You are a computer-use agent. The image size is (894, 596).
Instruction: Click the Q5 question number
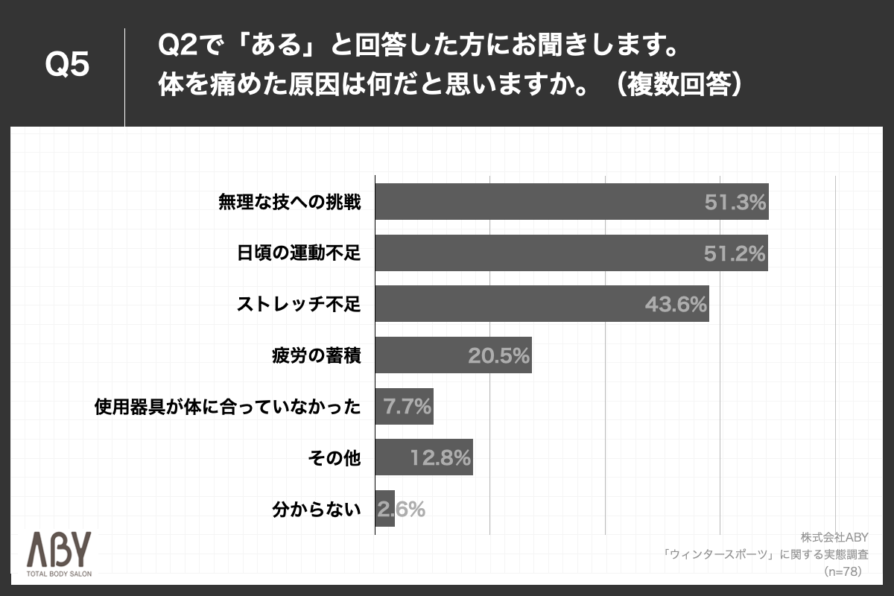pyautogui.click(x=68, y=66)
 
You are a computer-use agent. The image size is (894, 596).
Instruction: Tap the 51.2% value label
pyautogui.click(x=735, y=253)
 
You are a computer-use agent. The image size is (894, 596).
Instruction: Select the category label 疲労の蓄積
pyautogui.click(x=317, y=355)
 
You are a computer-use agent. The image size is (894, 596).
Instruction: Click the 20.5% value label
pyautogui.click(x=498, y=355)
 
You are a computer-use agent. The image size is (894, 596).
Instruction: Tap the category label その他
pyautogui.click(x=334, y=458)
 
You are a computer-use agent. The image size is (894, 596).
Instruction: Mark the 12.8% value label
pyautogui.click(x=440, y=458)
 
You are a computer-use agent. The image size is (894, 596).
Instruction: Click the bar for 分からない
pyautogui.click(x=384, y=510)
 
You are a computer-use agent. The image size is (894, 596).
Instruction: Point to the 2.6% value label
pyautogui.click(x=402, y=510)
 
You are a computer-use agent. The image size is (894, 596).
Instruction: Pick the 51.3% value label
pyautogui.click(x=735, y=202)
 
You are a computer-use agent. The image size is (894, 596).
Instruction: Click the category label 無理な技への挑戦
pyautogui.click(x=289, y=202)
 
